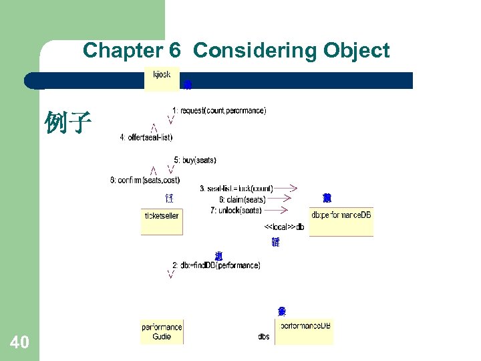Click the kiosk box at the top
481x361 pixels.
point(162,78)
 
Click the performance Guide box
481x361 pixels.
point(162,332)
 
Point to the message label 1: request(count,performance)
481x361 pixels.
point(219,110)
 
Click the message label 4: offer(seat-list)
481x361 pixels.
point(146,138)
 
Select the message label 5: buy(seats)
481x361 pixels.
point(195,160)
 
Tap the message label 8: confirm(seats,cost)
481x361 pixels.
point(145,180)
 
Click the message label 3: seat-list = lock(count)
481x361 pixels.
point(236,189)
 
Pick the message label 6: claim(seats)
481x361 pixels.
point(242,200)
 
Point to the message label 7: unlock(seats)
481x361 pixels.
point(236,210)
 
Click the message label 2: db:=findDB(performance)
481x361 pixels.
point(216,265)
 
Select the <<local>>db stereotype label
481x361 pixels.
point(285,227)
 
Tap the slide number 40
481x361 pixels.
point(20,343)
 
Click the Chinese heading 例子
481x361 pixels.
point(67,123)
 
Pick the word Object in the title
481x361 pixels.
point(357,51)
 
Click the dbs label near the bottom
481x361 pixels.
point(264,336)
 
